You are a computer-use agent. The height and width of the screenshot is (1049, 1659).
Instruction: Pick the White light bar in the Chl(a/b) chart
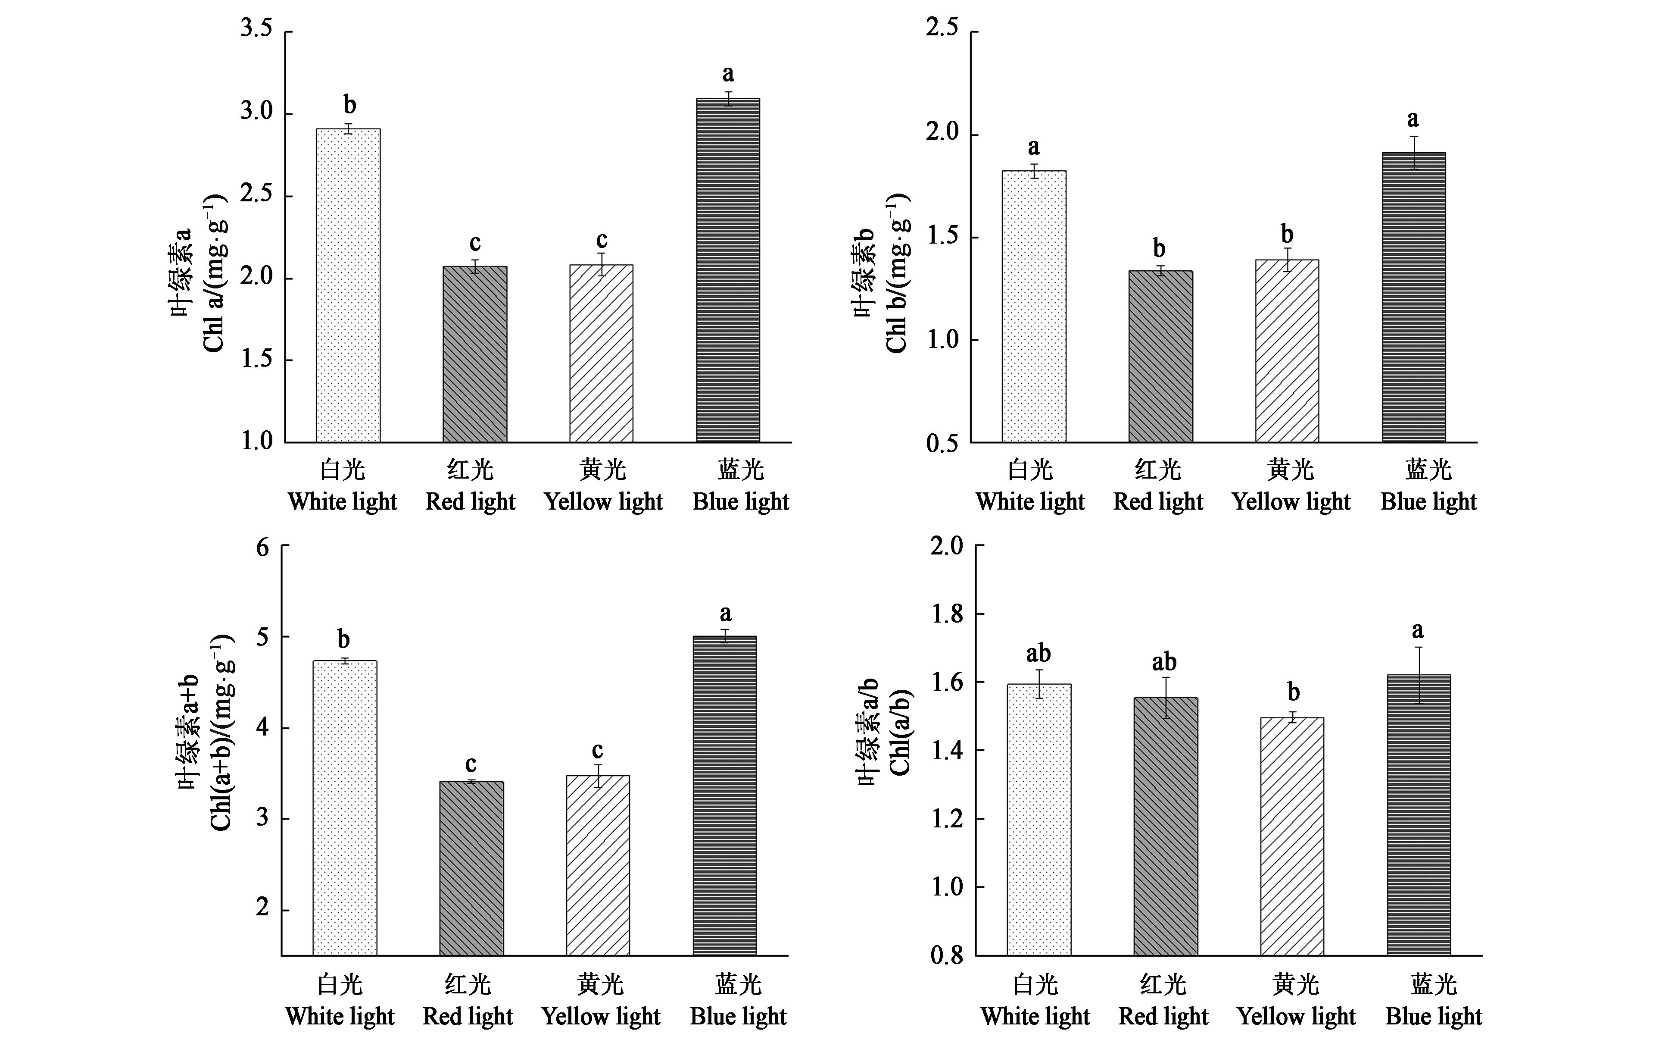pos(1039,820)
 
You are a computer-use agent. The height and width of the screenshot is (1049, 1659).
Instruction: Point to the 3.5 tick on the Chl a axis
pos(256,30)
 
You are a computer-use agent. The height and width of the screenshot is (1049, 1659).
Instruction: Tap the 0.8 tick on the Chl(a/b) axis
pos(947,955)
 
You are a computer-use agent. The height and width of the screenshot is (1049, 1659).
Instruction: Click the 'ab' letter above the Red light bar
pos(1164,662)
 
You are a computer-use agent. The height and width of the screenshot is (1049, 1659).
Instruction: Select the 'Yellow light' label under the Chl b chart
pos(1291,501)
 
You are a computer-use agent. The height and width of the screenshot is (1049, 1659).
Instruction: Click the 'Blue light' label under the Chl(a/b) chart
pos(1433,1016)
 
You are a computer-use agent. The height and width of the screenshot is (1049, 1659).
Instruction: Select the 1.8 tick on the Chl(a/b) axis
pos(947,614)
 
